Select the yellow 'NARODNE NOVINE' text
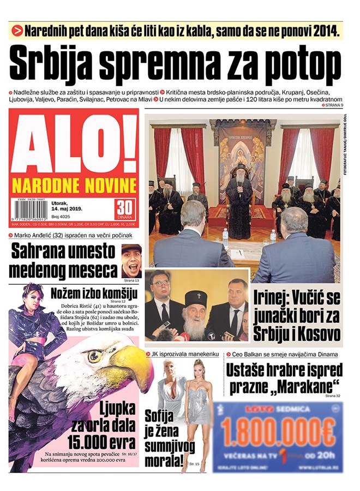click(74, 183)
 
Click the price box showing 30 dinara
click(125, 208)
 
